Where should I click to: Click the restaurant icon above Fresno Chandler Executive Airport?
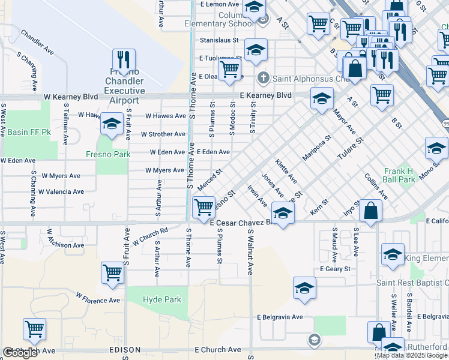(124, 60)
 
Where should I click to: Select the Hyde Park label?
(161, 299)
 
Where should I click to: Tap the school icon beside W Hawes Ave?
(112, 124)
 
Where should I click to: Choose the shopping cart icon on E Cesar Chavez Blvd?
(204, 207)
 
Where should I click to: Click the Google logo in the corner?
(19, 353)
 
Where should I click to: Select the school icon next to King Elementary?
(393, 254)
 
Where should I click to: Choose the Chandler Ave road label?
(37, 42)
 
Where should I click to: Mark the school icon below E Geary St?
(304, 288)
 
